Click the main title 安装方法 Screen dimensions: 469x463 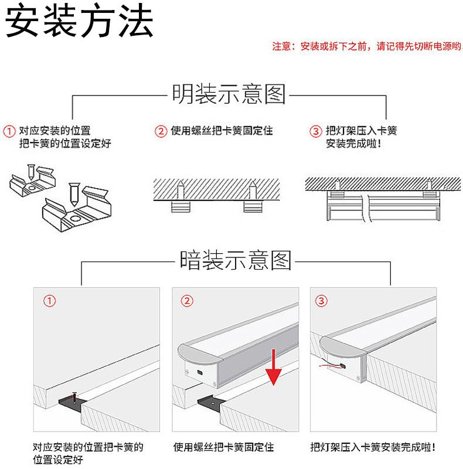click(x=80, y=23)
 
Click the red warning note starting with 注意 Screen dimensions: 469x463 click(x=366, y=46)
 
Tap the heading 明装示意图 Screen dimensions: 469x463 click(x=229, y=94)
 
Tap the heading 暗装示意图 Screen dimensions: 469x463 click(x=235, y=260)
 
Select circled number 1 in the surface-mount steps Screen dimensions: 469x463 click(x=10, y=130)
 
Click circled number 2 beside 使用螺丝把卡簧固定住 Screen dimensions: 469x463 click(x=161, y=131)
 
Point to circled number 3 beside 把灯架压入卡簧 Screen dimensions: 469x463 click(x=315, y=131)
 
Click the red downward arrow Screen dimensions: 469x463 click(x=273, y=366)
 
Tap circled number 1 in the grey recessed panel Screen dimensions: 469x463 click(x=50, y=301)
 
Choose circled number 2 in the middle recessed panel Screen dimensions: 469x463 click(x=186, y=301)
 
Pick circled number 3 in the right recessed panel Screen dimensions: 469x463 click(x=322, y=301)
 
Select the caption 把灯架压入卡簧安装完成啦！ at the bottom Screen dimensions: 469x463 click(x=373, y=447)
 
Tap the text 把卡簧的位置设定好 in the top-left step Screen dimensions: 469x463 click(x=64, y=144)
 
